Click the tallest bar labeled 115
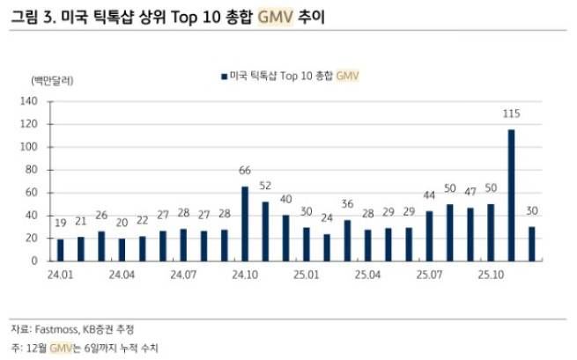(x=511, y=195)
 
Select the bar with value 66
(x=245, y=224)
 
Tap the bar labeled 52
(x=265, y=231)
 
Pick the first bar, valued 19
(x=60, y=250)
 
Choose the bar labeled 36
(x=347, y=240)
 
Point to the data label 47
(x=470, y=191)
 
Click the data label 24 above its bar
(x=327, y=217)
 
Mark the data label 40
(x=285, y=199)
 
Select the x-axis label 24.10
(x=245, y=276)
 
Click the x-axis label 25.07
(x=430, y=276)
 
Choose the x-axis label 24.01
(x=60, y=276)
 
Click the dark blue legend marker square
(x=225, y=77)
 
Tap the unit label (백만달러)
(x=53, y=80)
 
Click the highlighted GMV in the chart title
(x=276, y=17)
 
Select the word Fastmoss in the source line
(x=58, y=328)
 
